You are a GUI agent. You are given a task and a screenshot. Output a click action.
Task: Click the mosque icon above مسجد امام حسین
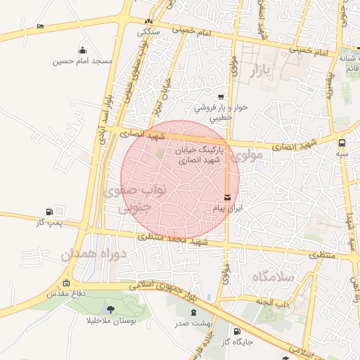(x=83, y=50)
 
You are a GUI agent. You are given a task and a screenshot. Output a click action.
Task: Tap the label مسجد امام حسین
(x=83, y=61)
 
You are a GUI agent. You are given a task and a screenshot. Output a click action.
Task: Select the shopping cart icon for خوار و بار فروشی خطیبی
(x=221, y=97)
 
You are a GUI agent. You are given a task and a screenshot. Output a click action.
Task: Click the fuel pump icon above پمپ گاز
(x=49, y=212)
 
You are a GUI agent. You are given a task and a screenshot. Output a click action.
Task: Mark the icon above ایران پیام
(x=227, y=198)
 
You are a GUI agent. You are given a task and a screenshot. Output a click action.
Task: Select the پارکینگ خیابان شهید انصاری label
(x=199, y=155)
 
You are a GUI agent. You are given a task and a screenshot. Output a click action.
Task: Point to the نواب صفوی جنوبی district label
(x=134, y=199)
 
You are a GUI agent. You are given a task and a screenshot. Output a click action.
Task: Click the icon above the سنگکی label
(x=148, y=21)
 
